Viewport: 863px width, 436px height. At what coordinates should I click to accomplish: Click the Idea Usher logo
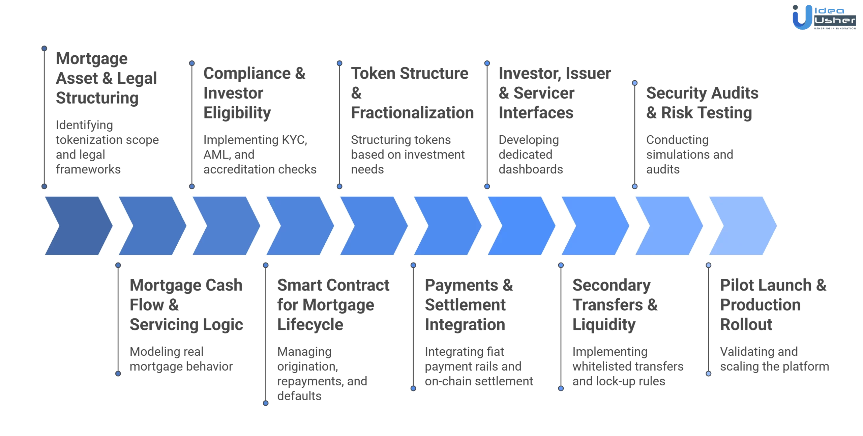[x=824, y=18]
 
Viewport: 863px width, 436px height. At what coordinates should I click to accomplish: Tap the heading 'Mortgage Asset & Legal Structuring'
[x=106, y=78]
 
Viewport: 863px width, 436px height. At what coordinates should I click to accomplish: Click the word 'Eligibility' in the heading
[x=237, y=113]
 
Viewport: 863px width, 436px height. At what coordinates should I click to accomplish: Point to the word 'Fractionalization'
[x=412, y=113]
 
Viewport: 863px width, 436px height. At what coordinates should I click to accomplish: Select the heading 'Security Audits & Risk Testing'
[x=702, y=103]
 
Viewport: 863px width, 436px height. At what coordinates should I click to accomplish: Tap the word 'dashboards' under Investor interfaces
[x=531, y=169]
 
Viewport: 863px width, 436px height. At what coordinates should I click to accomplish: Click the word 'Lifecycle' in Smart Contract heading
[x=310, y=325]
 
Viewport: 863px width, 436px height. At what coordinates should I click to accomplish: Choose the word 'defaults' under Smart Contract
[x=299, y=396]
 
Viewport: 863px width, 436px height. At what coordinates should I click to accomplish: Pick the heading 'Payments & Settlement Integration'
[x=468, y=305]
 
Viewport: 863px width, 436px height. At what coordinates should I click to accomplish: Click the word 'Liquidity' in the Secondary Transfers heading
[x=604, y=325]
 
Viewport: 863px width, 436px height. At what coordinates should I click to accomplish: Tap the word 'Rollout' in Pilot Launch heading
[x=746, y=325]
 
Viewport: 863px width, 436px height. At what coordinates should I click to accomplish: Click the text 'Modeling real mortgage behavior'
[x=181, y=359]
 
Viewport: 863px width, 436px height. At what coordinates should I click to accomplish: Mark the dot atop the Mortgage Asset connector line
[x=44, y=48]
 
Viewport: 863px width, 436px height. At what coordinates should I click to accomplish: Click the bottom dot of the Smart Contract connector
[x=266, y=403]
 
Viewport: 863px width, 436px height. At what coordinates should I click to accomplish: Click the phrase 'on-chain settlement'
[x=479, y=381]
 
